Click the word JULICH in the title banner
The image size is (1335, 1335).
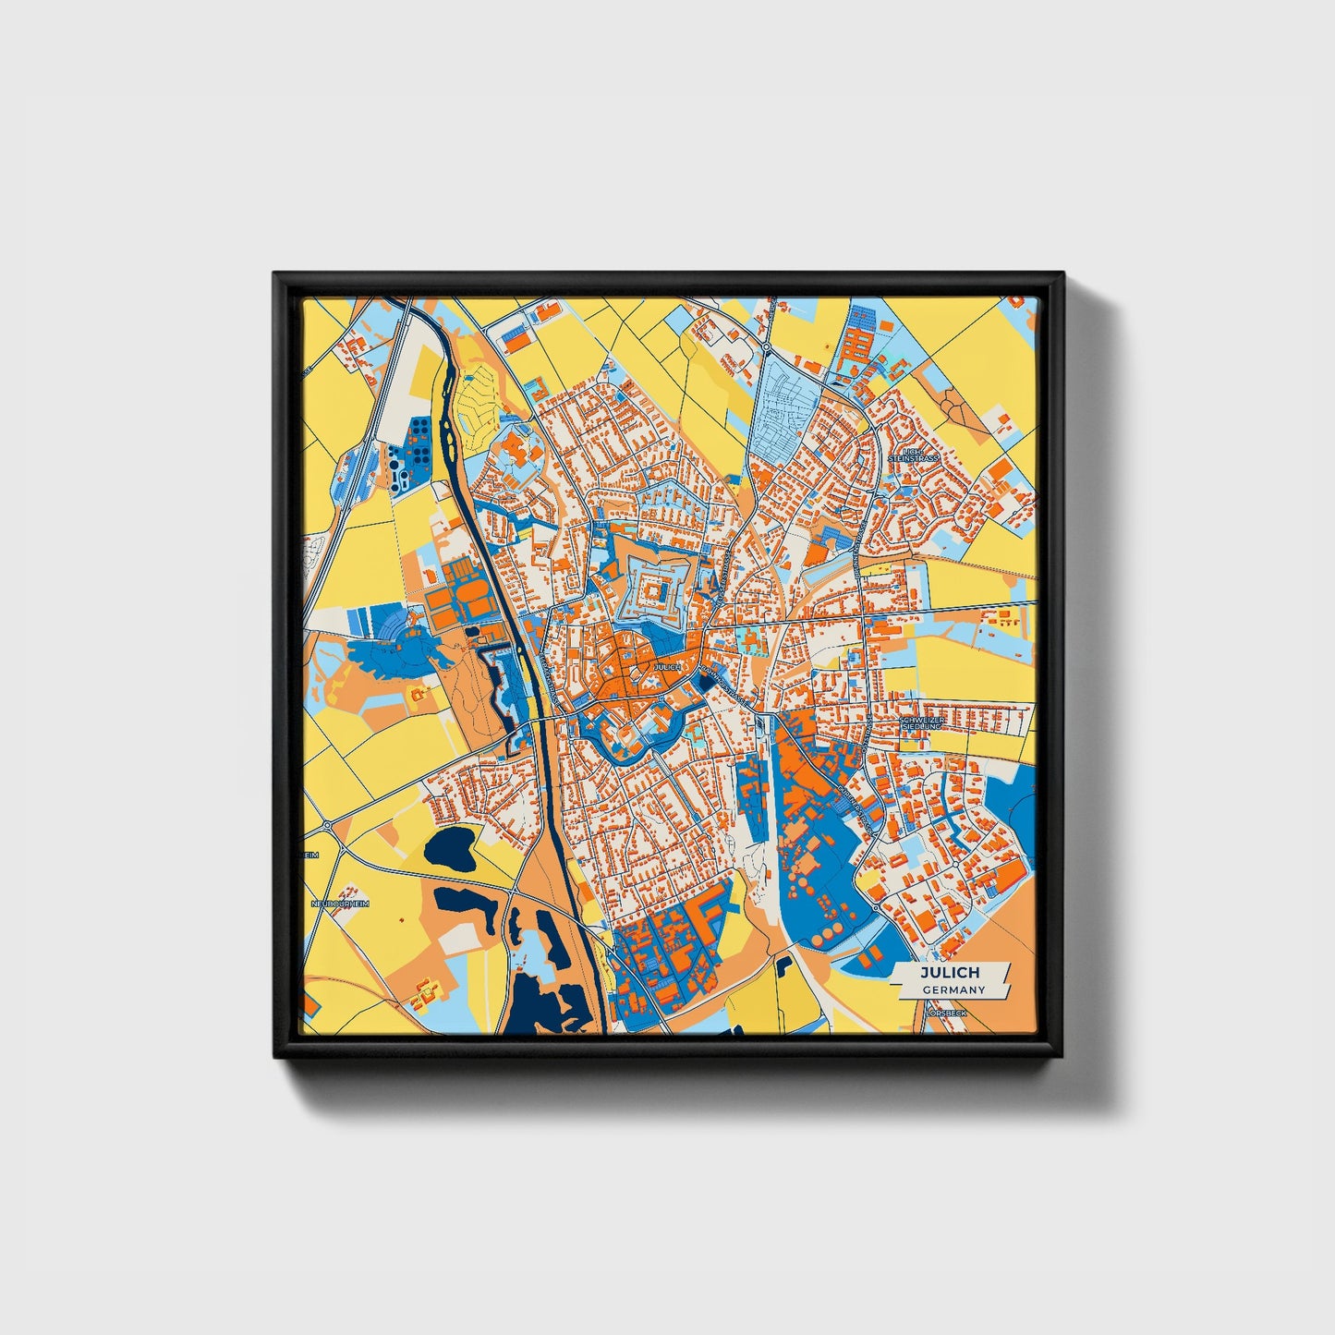[949, 974]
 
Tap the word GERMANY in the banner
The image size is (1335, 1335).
[953, 990]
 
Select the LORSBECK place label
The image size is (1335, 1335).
[945, 1013]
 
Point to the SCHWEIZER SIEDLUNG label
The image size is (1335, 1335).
[920, 723]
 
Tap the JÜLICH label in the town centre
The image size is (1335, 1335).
[667, 667]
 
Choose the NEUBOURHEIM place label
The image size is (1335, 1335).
[339, 903]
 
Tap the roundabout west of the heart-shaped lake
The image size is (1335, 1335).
[328, 824]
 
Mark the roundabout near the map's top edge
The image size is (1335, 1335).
[766, 346]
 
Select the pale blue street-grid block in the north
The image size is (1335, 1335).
[785, 407]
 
